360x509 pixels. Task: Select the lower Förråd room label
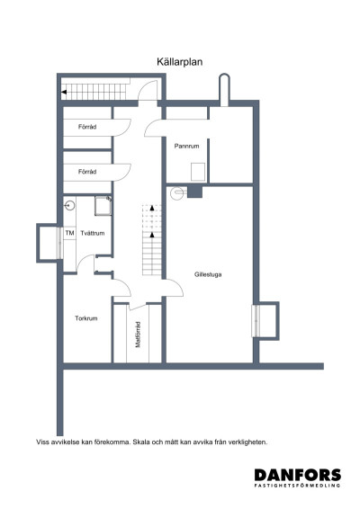(87, 171)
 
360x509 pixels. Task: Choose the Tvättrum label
(93, 234)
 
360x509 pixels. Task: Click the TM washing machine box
(69, 234)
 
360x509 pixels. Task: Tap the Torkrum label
(86, 318)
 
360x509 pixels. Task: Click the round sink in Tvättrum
(68, 206)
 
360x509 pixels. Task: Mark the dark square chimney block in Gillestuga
(194, 192)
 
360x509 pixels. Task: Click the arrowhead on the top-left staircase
(64, 91)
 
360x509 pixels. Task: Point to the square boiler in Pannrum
(200, 172)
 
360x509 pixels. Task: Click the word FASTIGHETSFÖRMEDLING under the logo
(296, 487)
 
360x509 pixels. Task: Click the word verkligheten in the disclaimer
(248, 442)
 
